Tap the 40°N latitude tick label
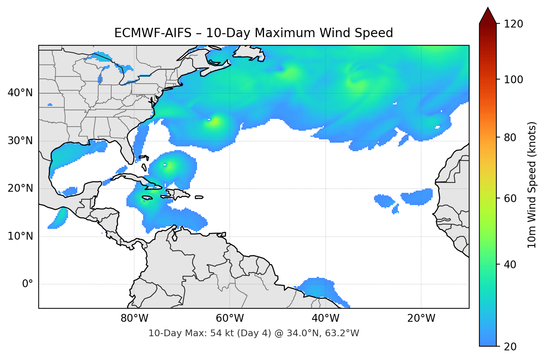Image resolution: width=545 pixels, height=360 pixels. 20,93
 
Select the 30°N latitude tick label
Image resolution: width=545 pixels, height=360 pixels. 20,141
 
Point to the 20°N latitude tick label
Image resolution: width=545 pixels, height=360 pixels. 20,188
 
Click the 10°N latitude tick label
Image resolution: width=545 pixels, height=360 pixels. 20,236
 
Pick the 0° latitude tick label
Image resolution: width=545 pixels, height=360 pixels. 28,284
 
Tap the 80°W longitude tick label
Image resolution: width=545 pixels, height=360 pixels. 135,318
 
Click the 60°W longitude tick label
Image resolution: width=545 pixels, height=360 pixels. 230,318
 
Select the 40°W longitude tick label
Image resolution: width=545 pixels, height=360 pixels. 325,318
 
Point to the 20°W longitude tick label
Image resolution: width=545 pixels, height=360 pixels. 421,318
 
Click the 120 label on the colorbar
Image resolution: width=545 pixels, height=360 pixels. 513,24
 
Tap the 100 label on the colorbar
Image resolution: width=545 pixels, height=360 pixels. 513,80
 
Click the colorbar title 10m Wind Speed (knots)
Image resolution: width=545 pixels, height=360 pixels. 532,185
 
